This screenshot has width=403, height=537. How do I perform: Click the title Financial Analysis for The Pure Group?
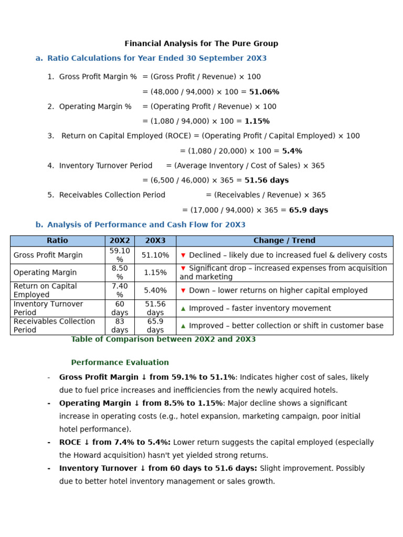click(x=201, y=44)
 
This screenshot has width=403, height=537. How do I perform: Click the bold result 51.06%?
click(x=264, y=92)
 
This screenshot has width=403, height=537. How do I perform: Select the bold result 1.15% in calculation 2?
click(x=257, y=121)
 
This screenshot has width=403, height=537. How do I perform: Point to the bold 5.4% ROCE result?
click(x=292, y=151)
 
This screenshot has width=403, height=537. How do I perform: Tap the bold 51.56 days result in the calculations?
click(x=267, y=180)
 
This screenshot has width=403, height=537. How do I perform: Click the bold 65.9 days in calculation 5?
click(x=308, y=210)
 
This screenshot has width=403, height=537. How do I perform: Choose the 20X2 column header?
click(x=120, y=241)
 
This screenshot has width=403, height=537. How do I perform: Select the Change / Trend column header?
click(x=284, y=241)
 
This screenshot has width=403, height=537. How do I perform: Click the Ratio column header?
click(x=57, y=241)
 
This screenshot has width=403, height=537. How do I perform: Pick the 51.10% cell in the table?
click(x=155, y=255)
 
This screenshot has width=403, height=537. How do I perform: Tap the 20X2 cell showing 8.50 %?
click(x=120, y=273)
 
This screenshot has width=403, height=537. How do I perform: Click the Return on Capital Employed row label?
click(x=45, y=291)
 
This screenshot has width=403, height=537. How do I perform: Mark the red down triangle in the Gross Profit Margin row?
click(x=183, y=255)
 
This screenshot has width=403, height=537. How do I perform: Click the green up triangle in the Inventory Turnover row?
click(x=183, y=309)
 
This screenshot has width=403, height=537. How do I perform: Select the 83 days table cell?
click(x=120, y=326)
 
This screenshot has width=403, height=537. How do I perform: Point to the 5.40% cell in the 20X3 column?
click(x=155, y=291)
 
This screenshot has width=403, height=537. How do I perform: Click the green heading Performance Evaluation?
click(x=120, y=362)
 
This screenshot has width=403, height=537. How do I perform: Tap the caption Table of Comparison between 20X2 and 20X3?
click(x=163, y=339)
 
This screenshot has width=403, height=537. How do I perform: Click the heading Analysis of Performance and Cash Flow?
click(x=146, y=225)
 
